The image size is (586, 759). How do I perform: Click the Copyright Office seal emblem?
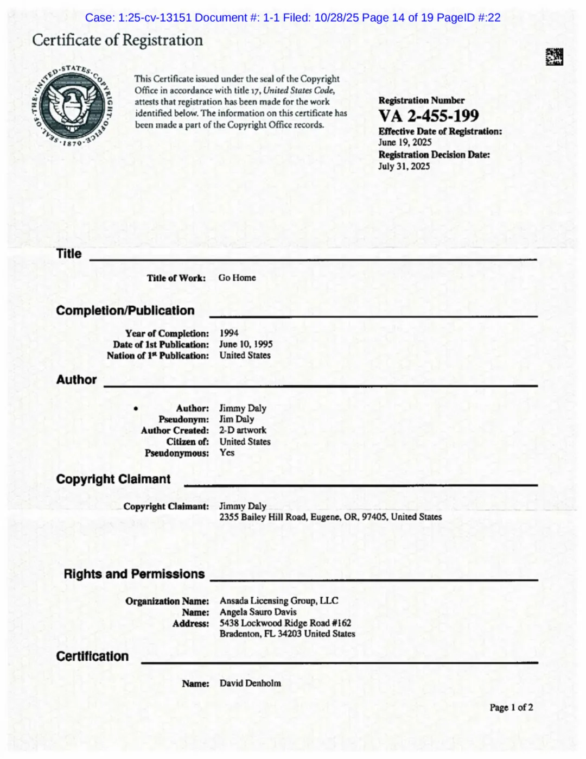[72, 106]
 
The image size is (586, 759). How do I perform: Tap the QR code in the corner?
[554, 56]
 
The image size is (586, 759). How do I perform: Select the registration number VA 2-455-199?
[428, 116]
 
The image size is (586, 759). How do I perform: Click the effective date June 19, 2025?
[405, 142]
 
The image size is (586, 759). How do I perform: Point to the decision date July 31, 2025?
[404, 166]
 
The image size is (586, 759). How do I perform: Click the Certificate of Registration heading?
[117, 40]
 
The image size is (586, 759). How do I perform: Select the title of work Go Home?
[237, 277]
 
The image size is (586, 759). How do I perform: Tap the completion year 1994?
[228, 333]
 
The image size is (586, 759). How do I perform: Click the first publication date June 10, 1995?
[246, 344]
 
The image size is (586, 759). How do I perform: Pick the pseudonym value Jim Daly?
[237, 419]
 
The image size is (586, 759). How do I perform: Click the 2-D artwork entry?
[243, 430]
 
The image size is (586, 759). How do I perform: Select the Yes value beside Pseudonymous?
[227, 452]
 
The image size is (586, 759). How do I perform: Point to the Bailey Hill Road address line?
[330, 517]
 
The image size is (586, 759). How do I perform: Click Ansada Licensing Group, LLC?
[278, 600]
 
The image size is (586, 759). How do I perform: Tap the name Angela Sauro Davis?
[258, 612]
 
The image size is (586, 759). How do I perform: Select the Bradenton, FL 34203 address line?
[287, 634]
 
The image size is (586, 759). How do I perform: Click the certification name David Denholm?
[250, 683]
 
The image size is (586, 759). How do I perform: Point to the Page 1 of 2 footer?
[511, 707]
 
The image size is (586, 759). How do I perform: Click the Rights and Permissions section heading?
[134, 574]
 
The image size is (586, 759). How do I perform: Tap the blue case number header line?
[293, 17]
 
